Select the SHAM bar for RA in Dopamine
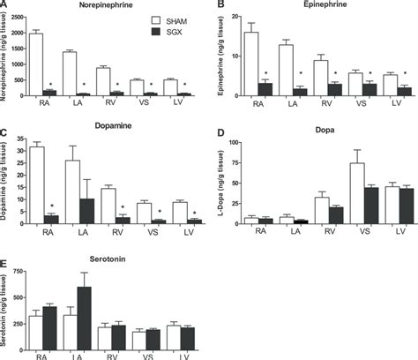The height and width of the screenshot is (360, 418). [x=36, y=185]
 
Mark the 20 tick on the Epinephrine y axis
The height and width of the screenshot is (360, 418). [x=235, y=17]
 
